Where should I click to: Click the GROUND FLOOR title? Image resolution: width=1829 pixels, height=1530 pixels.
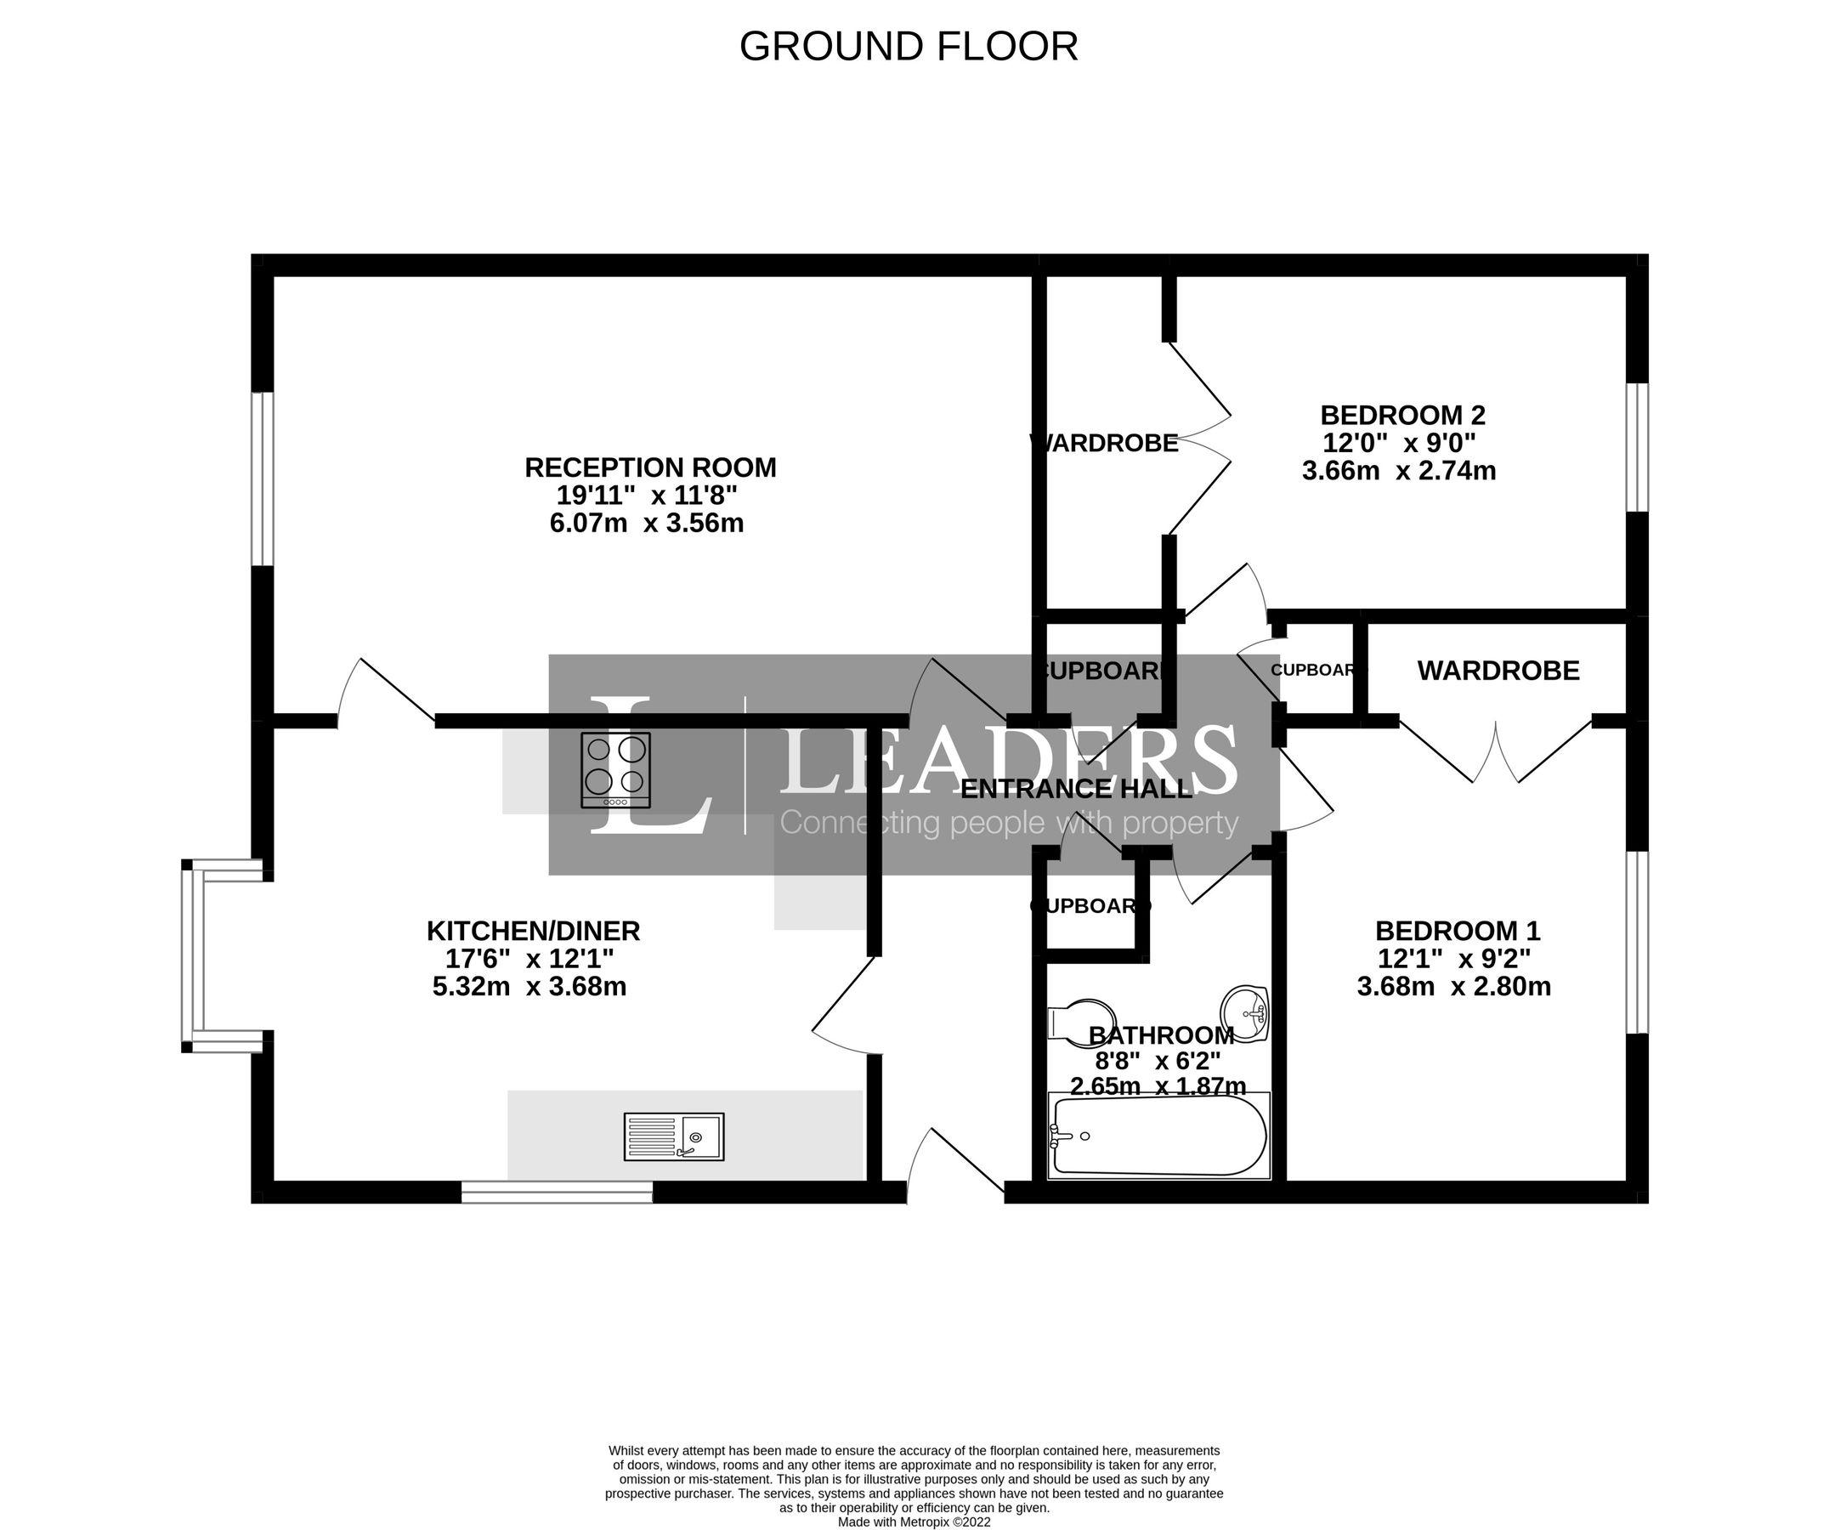(909, 47)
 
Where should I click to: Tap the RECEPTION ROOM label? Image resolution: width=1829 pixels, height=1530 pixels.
(649, 467)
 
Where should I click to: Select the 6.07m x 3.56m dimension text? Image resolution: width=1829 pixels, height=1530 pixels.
(646, 524)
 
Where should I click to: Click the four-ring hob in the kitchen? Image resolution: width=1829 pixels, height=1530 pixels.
(616, 771)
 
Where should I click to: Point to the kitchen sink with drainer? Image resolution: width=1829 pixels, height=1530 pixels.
(673, 1136)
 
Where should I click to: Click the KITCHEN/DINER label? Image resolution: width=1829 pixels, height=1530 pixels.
(533, 931)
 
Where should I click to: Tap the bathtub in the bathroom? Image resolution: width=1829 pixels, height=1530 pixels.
(1158, 1136)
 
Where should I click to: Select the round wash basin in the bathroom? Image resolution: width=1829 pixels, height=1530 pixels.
(1245, 1012)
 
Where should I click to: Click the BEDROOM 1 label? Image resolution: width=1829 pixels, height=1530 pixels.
(1457, 931)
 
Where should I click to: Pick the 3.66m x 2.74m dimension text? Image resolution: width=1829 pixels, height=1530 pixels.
(1398, 471)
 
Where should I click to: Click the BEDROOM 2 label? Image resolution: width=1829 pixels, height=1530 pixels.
(1402, 415)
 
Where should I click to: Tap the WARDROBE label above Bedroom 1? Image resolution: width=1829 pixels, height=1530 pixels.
(1498, 671)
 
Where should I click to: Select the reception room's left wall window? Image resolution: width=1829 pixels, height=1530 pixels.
(262, 479)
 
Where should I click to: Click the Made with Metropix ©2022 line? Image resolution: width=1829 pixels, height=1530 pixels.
(914, 1522)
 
